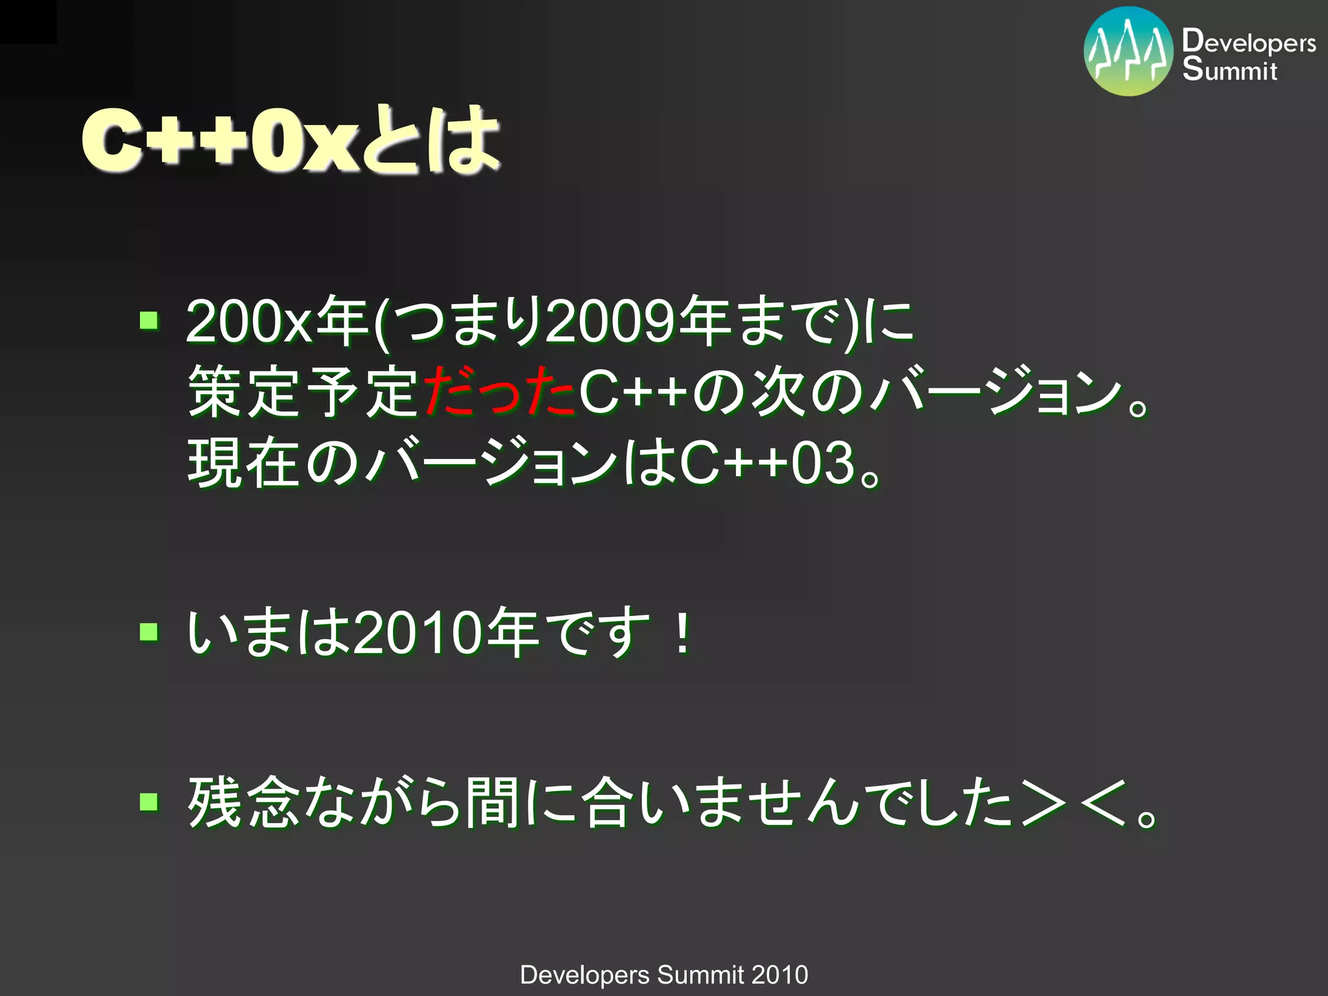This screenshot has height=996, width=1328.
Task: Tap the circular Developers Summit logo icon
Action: click(x=1128, y=52)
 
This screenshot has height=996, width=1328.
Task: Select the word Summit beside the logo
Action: click(x=1229, y=70)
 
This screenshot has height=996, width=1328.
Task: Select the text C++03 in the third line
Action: click(x=766, y=463)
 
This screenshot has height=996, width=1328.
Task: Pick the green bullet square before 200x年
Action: click(x=149, y=320)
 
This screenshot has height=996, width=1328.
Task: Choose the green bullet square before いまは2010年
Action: click(x=149, y=632)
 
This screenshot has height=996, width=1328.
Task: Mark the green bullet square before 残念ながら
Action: click(x=149, y=802)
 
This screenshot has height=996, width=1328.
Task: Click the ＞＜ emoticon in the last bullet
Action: click(x=1074, y=804)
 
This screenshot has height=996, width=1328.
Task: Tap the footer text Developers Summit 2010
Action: click(x=664, y=975)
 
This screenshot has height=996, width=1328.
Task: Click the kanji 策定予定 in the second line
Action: click(x=302, y=392)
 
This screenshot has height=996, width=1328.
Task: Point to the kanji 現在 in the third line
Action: click(x=244, y=463)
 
